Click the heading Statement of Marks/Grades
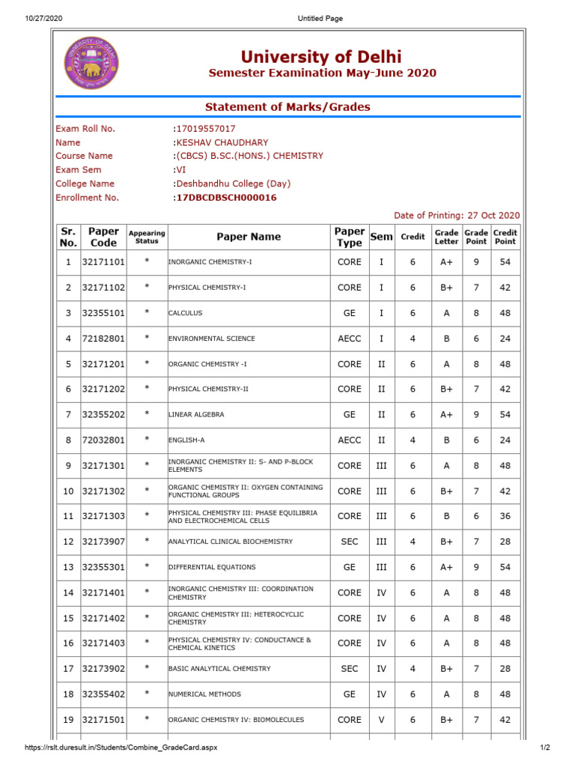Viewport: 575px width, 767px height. [x=287, y=107]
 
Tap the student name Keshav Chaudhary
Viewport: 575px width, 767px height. [x=221, y=142]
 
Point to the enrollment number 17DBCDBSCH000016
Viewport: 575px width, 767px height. [x=225, y=198]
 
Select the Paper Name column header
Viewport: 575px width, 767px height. [x=249, y=237]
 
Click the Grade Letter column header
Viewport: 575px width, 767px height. [x=446, y=237]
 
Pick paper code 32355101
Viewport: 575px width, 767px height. [x=103, y=313]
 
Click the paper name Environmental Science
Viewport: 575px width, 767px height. [x=212, y=339]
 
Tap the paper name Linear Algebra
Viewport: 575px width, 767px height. [x=196, y=414]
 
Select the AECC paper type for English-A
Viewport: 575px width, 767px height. [x=349, y=440]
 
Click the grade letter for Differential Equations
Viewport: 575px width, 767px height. [x=446, y=567]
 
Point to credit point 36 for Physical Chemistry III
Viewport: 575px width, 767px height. [x=505, y=516]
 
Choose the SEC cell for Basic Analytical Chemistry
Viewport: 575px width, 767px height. [x=349, y=669]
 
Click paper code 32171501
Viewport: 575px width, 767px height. [x=103, y=720]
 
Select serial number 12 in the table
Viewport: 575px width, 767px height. [x=68, y=542]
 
